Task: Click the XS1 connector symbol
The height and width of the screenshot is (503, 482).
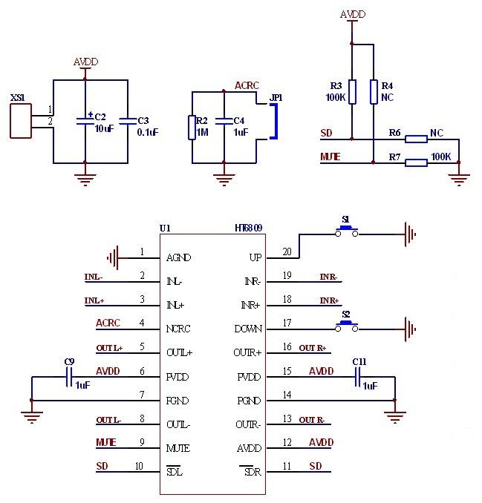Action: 20,121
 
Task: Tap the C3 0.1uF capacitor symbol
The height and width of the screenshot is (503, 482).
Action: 128,121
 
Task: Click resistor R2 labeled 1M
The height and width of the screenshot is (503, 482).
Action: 192,127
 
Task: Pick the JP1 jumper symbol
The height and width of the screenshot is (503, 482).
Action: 272,121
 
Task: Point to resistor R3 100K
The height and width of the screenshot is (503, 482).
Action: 352,91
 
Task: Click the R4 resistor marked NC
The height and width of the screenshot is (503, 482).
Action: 374,91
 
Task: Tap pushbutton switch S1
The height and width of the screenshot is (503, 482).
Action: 345,233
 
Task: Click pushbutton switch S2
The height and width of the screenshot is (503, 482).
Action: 345,327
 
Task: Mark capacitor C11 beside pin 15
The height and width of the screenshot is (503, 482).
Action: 358,379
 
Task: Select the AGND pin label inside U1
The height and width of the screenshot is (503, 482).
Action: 179,257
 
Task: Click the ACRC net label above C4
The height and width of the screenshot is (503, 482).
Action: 247,86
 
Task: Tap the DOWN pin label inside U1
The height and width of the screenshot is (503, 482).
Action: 247,328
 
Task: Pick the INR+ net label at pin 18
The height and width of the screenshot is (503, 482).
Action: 329,300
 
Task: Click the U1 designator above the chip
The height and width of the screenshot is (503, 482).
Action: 165,229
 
